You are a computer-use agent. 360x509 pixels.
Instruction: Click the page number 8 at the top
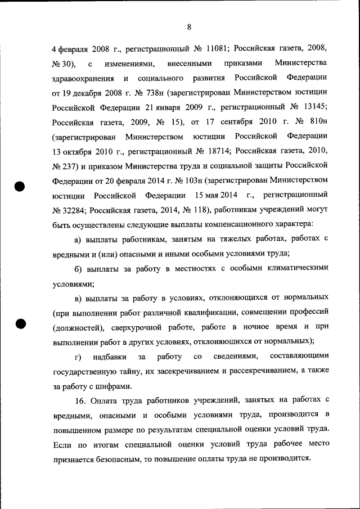tap(190, 26)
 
